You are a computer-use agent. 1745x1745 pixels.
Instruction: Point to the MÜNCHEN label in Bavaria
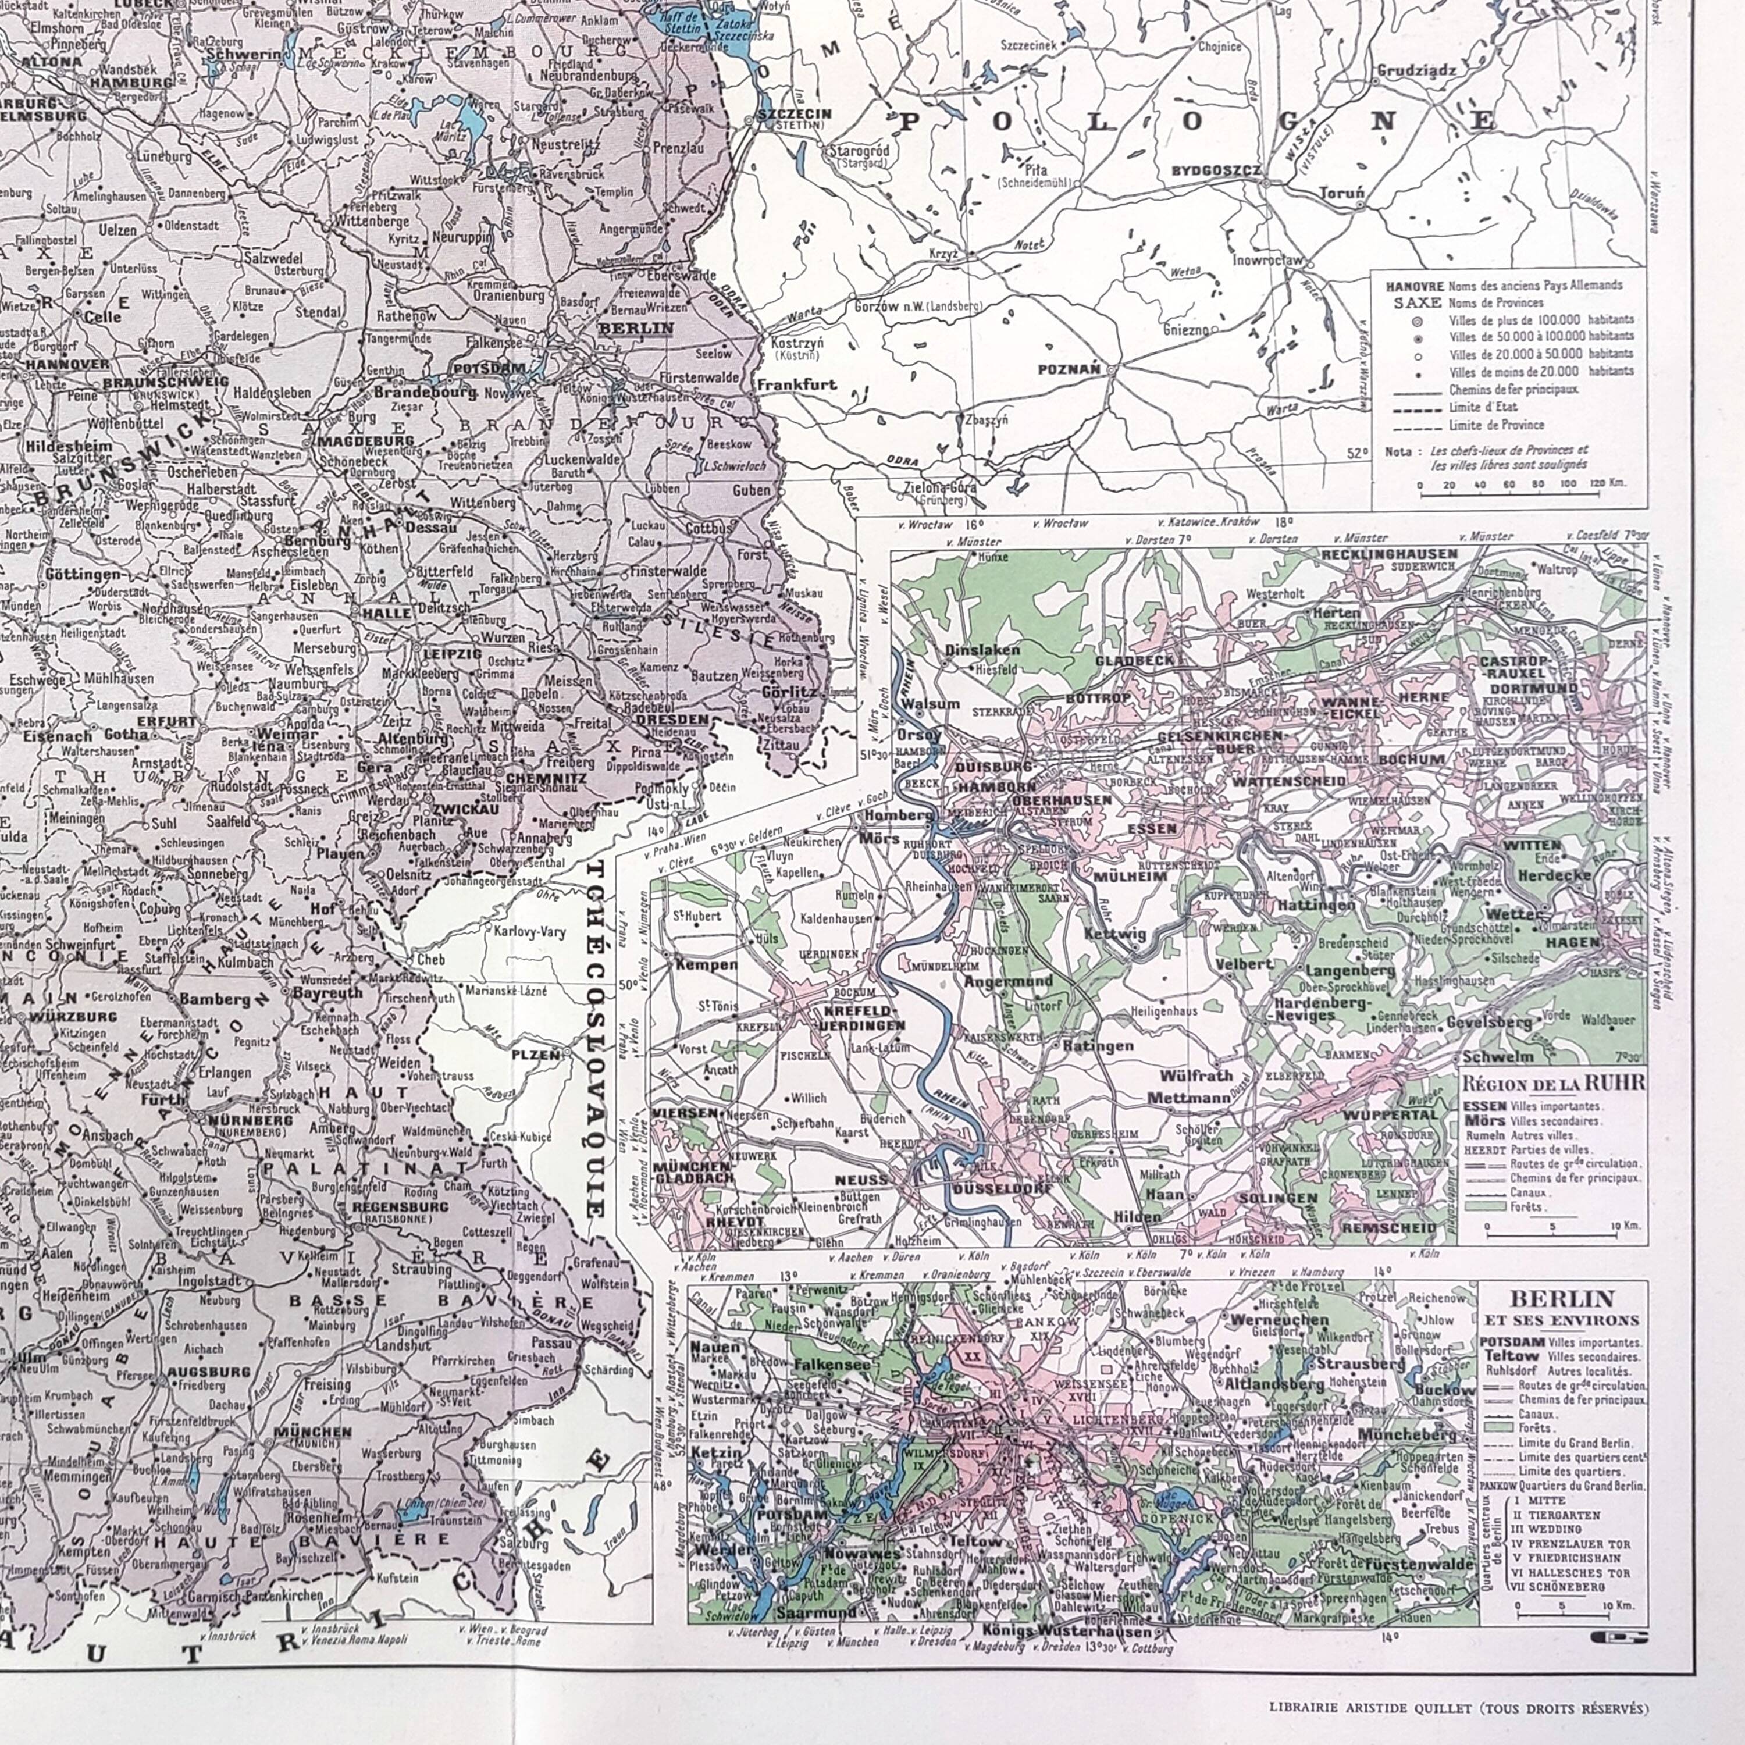[x=312, y=1431]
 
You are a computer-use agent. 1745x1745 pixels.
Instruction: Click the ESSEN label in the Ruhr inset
[x=1152, y=828]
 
